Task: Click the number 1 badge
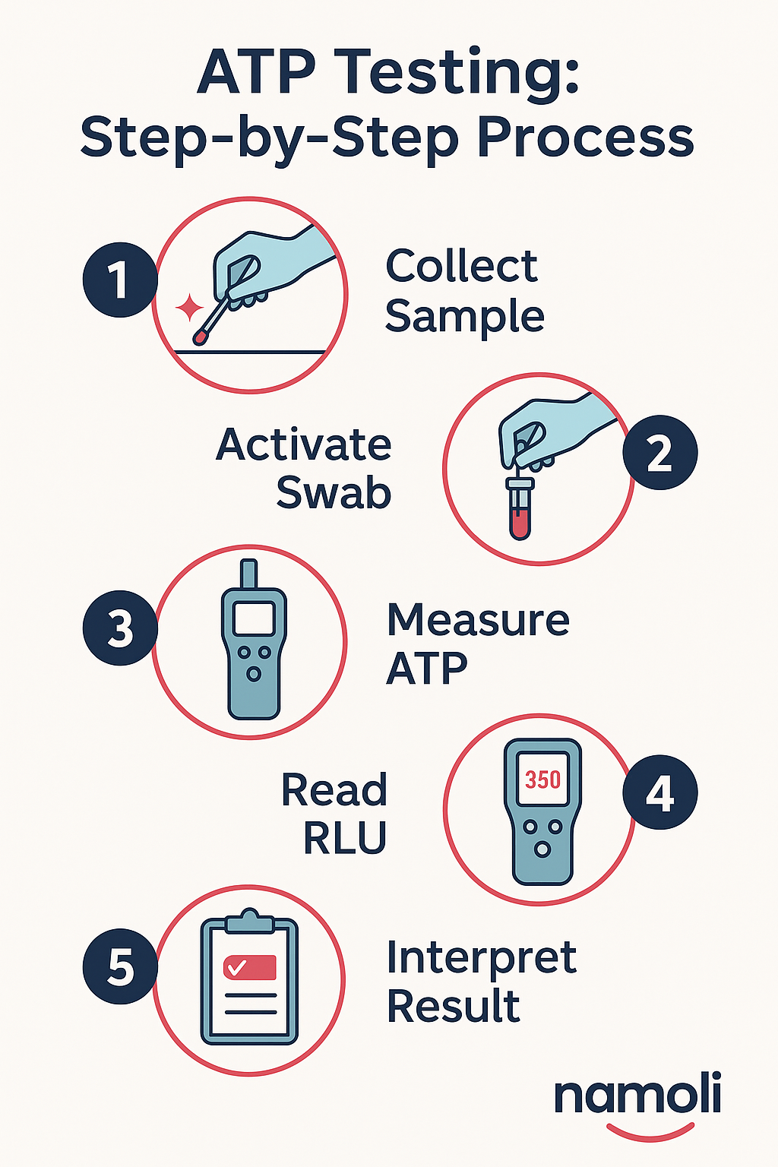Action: [120, 280]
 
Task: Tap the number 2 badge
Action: [659, 453]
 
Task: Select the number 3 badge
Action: [120, 628]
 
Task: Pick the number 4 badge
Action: [659, 792]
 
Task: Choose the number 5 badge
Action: [120, 967]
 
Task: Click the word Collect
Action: [461, 267]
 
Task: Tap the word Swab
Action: [334, 493]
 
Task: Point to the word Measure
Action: [478, 620]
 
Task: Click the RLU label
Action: [345, 839]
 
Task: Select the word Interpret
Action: [481, 958]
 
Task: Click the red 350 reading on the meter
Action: [542, 780]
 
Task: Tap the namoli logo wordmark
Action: [637, 1096]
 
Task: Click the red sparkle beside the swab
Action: [189, 308]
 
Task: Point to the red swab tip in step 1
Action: [201, 335]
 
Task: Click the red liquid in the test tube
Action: [520, 524]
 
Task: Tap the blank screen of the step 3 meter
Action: [254, 618]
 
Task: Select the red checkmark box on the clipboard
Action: [249, 967]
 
